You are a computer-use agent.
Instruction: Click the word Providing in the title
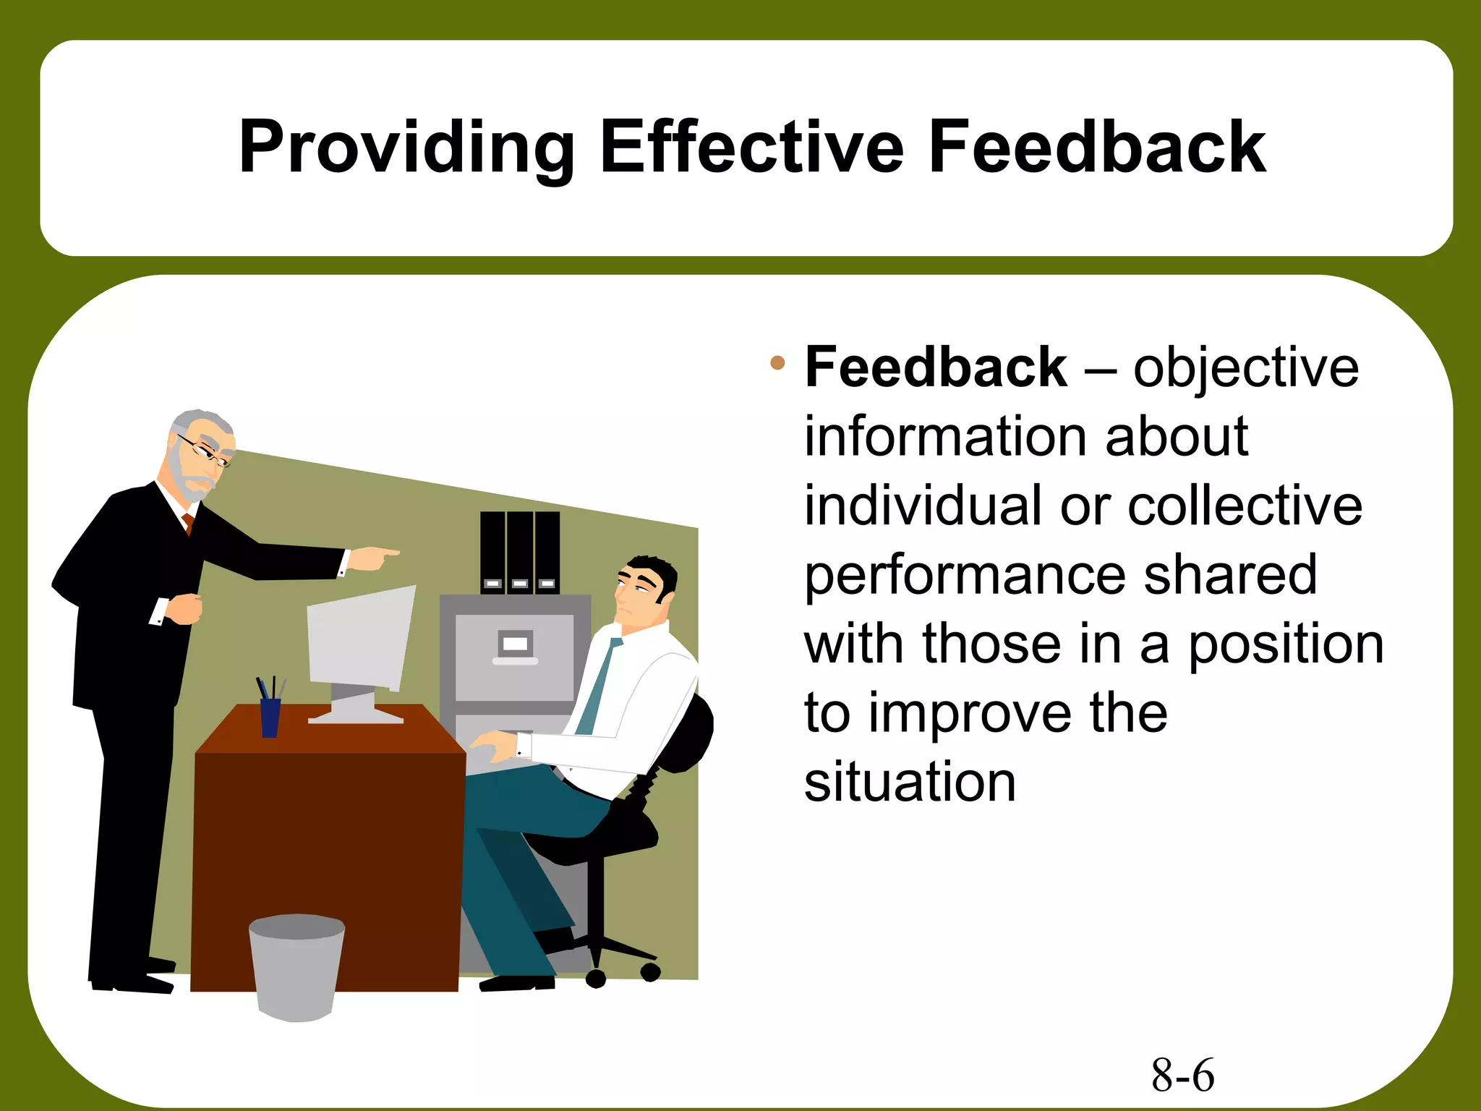pyautogui.click(x=406, y=148)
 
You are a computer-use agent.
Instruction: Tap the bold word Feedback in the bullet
pyautogui.click(x=936, y=367)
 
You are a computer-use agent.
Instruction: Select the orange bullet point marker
pyautogui.click(x=777, y=362)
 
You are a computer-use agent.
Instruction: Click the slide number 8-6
pyautogui.click(x=1182, y=1075)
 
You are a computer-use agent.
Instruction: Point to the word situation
pyautogui.click(x=910, y=782)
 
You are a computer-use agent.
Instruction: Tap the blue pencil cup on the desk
pyautogui.click(x=270, y=717)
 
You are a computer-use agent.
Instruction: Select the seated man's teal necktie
pyautogui.click(x=599, y=686)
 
